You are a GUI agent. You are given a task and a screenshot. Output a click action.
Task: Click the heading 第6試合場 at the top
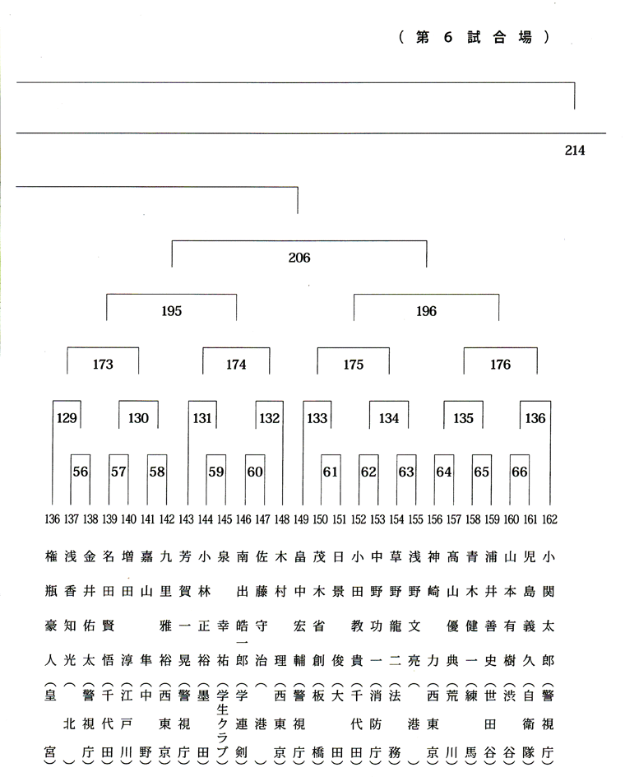(474, 37)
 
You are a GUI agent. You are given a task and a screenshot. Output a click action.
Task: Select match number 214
(575, 150)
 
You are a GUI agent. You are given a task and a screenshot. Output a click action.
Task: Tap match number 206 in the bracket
(299, 258)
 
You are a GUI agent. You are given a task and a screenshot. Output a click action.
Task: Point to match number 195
(171, 311)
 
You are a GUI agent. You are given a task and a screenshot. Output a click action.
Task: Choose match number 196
(426, 311)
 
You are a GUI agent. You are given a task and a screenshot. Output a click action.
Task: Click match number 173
(103, 365)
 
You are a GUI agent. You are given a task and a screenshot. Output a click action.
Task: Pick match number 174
(236, 365)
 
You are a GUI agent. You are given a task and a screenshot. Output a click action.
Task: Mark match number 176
(500, 365)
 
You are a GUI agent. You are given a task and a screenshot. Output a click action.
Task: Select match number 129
(67, 418)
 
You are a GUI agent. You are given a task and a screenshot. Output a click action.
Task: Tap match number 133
(317, 418)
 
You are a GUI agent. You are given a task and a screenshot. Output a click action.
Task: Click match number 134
(389, 418)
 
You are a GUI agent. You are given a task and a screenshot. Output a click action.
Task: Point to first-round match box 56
(81, 472)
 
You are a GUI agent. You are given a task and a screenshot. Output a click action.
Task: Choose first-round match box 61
(330, 472)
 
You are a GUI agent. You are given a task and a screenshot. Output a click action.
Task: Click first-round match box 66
(519, 472)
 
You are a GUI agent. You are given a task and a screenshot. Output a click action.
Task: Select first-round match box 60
(255, 472)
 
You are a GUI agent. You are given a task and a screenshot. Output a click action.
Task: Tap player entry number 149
(301, 519)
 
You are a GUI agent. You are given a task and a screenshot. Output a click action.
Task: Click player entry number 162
(549, 519)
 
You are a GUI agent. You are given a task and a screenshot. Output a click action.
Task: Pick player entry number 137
(72, 519)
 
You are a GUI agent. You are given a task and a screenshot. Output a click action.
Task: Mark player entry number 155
(415, 519)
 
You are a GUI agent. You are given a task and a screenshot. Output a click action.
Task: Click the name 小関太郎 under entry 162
(548, 608)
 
